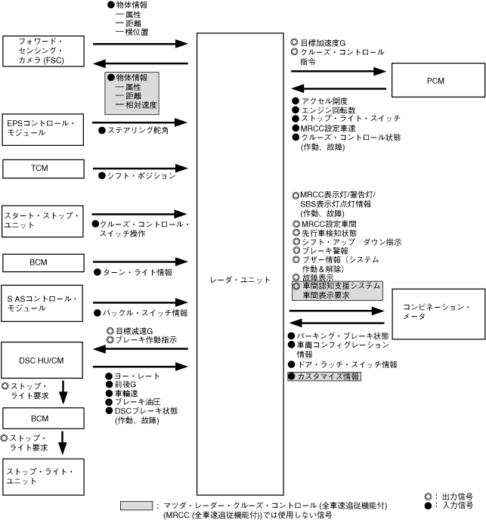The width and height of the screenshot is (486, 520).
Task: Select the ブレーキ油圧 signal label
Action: coord(137,402)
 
